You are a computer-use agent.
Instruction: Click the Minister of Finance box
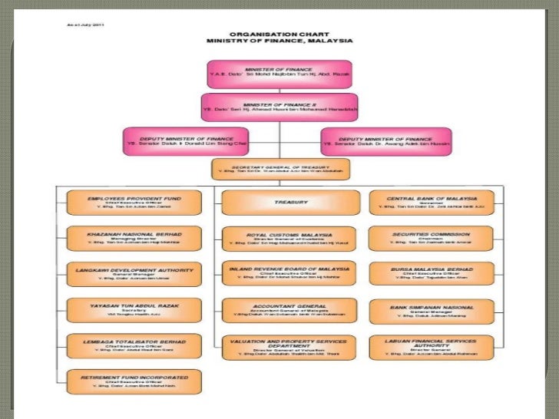click(279, 74)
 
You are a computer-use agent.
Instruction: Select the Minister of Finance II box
click(279, 107)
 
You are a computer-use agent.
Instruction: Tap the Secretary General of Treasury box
click(279, 170)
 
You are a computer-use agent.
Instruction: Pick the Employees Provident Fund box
click(134, 202)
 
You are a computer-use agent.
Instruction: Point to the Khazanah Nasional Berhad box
click(134, 238)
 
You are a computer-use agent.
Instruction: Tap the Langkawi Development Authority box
click(134, 274)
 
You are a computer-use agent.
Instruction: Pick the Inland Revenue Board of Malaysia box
click(279, 274)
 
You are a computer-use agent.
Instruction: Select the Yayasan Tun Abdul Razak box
click(134, 310)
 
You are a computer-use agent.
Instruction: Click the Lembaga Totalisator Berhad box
click(134, 346)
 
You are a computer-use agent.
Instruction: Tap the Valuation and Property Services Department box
click(279, 348)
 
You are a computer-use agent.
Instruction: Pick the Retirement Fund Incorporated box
click(134, 381)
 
